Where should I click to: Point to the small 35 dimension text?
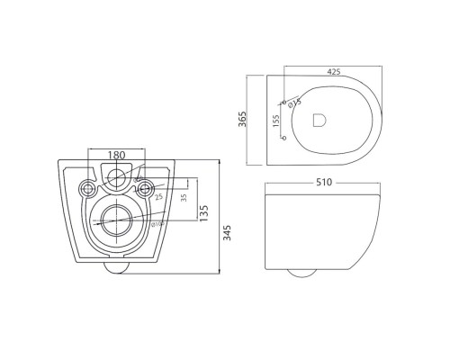[x=184, y=198]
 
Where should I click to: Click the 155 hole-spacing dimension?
[x=276, y=119]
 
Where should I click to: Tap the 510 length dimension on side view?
[x=324, y=183]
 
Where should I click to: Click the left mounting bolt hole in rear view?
[x=88, y=188]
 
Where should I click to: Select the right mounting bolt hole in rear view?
[x=141, y=188]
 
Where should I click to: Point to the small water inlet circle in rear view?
[x=115, y=176]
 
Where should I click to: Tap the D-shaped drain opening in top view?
[x=319, y=119]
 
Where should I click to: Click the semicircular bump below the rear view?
[x=115, y=267]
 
